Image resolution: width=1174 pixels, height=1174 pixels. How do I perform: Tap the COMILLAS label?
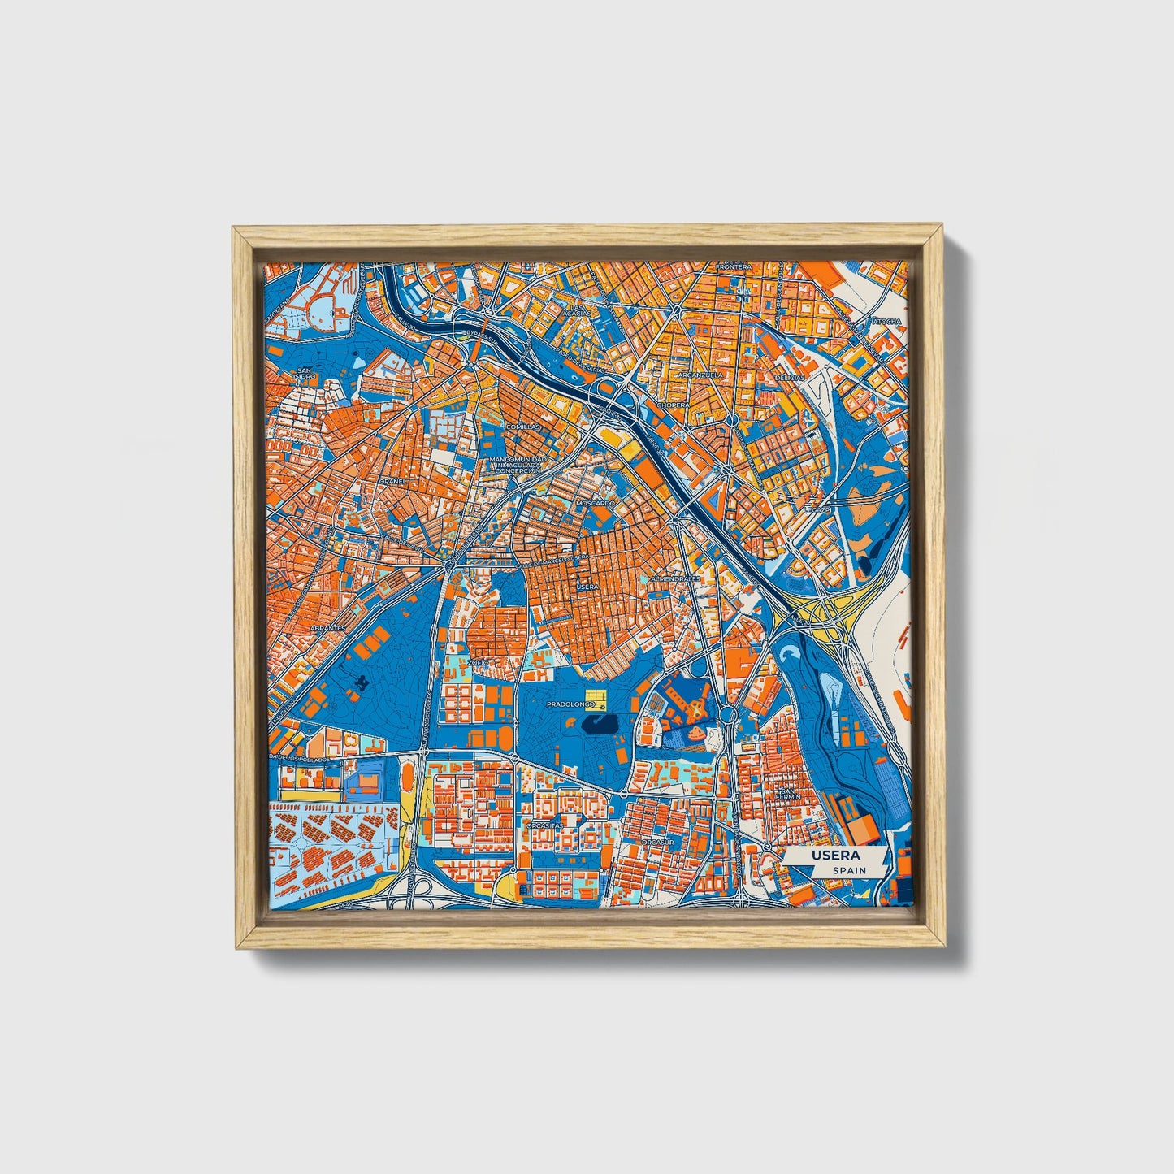click(522, 427)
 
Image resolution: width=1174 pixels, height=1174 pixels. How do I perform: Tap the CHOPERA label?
click(673, 404)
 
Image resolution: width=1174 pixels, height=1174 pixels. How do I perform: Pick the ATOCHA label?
click(886, 322)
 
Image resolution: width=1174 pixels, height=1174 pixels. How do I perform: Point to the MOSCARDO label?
click(596, 504)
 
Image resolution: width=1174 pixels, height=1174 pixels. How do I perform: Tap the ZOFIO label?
click(477, 663)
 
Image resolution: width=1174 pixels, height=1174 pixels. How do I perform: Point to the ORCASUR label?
click(657, 843)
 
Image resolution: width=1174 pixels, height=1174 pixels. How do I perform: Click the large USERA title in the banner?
click(830, 856)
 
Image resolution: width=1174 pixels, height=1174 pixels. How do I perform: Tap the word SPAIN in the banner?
click(849, 870)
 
